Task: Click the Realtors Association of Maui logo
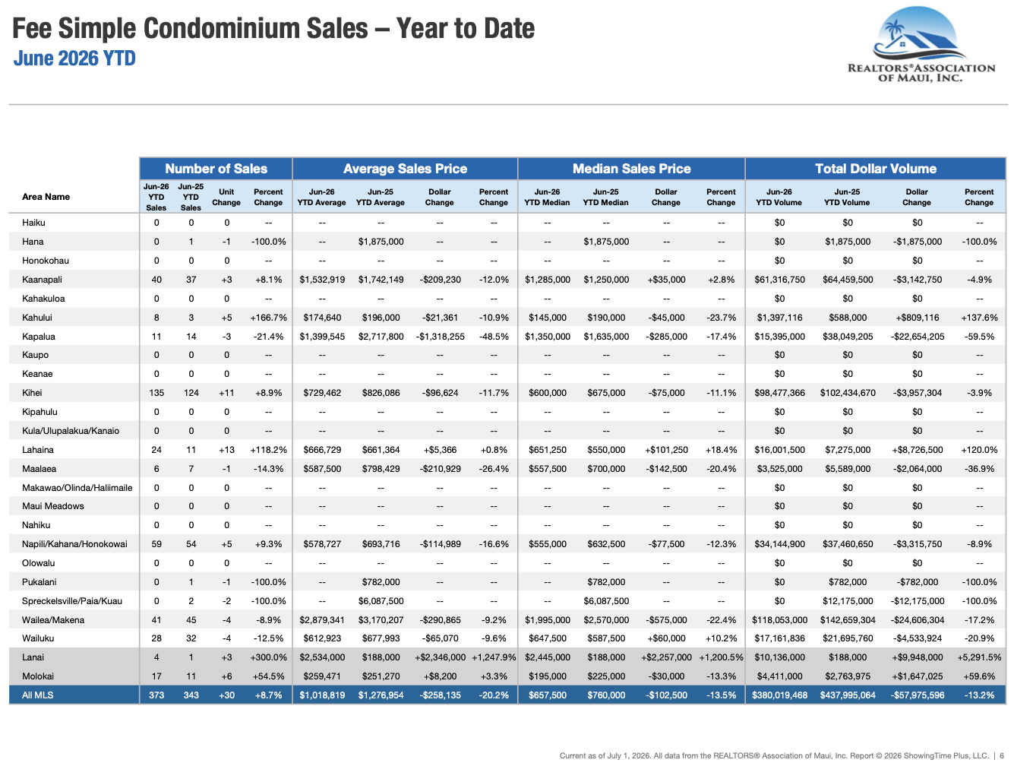pos(921,45)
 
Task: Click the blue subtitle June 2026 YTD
pos(74,59)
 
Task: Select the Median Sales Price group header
pos(631,169)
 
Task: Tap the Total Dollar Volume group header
pos(876,169)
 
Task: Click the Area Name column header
pos(46,197)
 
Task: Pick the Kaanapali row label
pos(42,280)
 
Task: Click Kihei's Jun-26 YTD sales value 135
pos(156,393)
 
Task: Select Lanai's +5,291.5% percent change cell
pos(979,657)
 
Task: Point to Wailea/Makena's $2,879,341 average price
pos(322,619)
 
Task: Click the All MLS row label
pos(37,695)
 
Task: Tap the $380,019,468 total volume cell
pos(779,695)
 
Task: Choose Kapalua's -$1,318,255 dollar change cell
pos(440,337)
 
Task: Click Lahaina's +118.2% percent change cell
pos(268,450)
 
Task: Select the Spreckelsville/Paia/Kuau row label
pos(72,600)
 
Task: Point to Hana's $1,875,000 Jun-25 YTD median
pos(606,242)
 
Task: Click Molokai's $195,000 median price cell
pos(548,676)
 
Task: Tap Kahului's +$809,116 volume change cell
pos(917,318)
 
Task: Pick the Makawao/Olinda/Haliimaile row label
pos(77,487)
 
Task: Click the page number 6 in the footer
pos(1002,755)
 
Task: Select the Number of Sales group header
pos(216,169)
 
